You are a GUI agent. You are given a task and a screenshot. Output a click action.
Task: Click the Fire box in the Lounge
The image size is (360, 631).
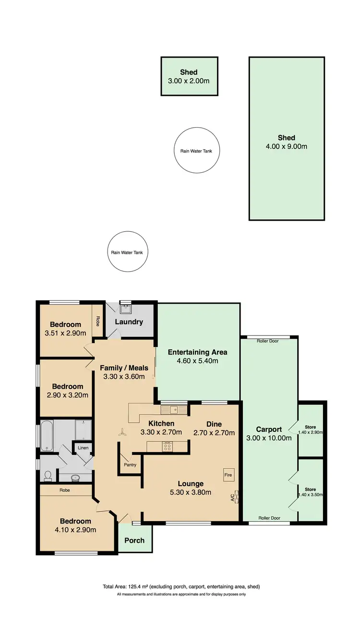(x=228, y=475)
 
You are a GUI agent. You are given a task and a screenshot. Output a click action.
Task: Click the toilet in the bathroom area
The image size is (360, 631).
(x=48, y=475)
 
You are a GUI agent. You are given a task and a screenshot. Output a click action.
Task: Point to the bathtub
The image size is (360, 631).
(x=47, y=436)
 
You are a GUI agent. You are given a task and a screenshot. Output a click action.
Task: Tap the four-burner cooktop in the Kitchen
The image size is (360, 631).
(x=168, y=446)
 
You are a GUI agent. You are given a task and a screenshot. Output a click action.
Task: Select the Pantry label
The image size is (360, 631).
(x=130, y=464)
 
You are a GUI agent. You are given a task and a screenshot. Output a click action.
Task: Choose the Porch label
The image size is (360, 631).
(x=134, y=540)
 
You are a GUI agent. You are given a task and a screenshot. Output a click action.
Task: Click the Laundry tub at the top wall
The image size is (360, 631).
(x=125, y=310)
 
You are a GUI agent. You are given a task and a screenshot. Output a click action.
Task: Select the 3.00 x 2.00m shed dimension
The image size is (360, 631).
(x=189, y=81)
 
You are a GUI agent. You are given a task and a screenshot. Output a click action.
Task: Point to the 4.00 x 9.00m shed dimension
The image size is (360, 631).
(x=287, y=146)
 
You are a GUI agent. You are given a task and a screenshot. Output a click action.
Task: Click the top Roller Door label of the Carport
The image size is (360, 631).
(x=268, y=341)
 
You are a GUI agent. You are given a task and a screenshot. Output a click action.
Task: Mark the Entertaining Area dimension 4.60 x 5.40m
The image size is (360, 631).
(x=197, y=361)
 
